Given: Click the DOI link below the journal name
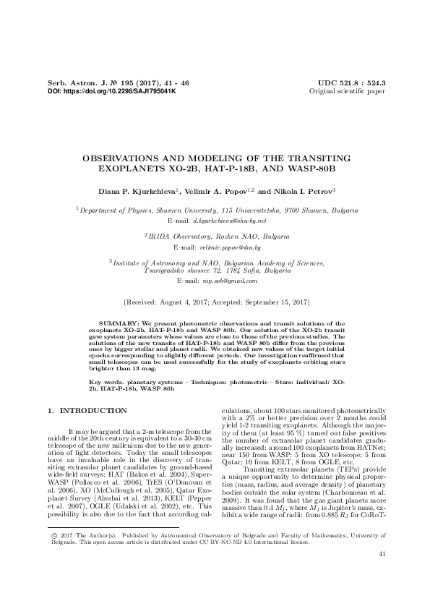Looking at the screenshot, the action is coord(111,93).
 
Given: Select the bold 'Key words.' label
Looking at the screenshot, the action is coord(106,380).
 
